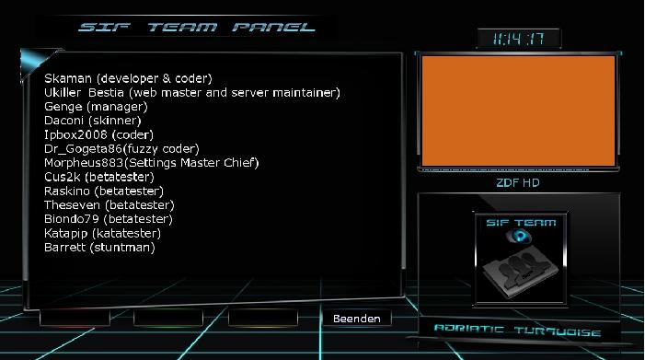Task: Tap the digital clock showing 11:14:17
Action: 518,39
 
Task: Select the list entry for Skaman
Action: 128,79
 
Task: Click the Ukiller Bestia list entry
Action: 192,93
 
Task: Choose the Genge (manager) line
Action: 96,107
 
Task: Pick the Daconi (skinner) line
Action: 92,121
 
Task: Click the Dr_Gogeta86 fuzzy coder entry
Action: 121,148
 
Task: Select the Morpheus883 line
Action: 152,162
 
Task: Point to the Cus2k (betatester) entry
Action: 99,177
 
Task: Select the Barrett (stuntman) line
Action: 99,247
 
